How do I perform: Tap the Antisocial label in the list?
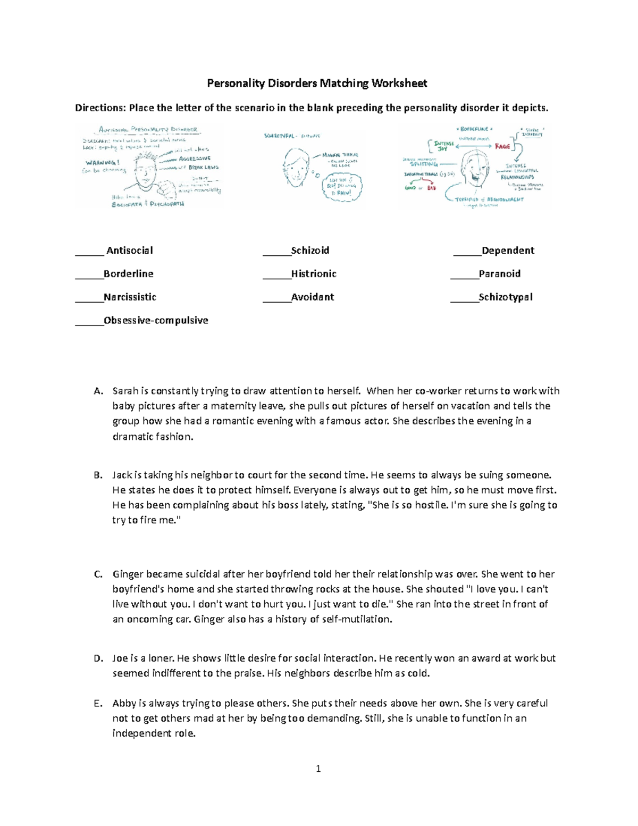[129, 251]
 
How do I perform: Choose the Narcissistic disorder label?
[130, 297]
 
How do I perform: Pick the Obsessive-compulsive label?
[156, 321]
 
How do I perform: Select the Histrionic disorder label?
[314, 274]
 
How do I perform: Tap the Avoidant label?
[313, 297]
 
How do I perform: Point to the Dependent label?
[508, 251]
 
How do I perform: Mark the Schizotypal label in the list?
[506, 297]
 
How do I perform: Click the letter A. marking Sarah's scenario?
[98, 391]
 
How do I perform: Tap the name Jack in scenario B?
[122, 475]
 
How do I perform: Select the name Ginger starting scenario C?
[128, 574]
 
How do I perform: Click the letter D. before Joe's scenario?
[98, 658]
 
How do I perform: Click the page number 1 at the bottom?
[318, 769]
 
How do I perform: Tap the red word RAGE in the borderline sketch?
[502, 146]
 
